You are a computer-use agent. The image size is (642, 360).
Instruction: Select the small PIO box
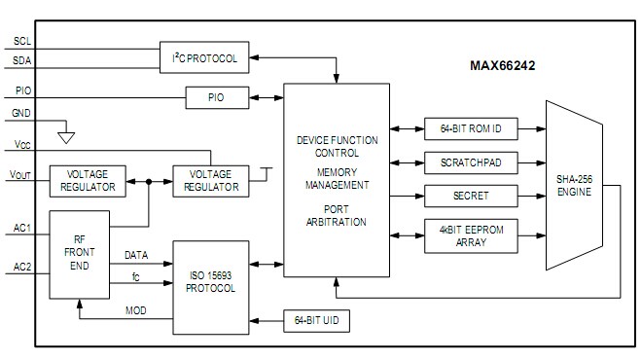click(216, 97)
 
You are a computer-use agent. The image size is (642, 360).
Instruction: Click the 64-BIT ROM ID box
click(471, 128)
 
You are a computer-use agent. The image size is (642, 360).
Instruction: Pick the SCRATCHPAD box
click(471, 162)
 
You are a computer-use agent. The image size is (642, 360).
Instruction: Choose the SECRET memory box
click(471, 196)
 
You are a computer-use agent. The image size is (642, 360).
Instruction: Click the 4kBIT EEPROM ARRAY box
click(471, 235)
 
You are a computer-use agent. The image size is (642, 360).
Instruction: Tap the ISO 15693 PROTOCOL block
click(213, 282)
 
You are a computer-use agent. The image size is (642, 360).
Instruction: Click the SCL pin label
click(22, 42)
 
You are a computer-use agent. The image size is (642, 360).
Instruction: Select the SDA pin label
click(22, 60)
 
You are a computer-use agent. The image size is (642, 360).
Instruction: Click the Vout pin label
click(21, 175)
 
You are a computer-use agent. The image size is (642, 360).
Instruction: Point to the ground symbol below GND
click(66, 126)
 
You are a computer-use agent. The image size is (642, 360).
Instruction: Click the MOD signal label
click(136, 310)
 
